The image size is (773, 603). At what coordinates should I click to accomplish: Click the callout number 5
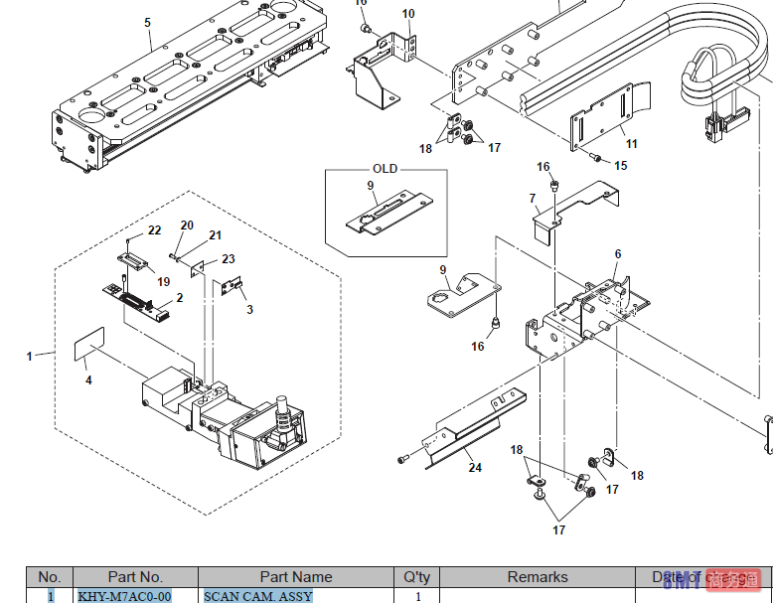147,21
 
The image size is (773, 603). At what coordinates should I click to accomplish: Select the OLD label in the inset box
385,169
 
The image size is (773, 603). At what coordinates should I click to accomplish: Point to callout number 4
87,379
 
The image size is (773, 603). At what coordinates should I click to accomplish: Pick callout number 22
154,230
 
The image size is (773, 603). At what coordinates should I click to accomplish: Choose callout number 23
229,258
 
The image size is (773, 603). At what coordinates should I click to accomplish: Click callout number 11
632,144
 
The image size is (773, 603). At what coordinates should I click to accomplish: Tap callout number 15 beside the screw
621,165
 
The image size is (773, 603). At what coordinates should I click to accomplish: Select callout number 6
617,254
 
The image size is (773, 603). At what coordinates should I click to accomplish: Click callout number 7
533,199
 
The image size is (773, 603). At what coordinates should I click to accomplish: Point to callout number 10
408,13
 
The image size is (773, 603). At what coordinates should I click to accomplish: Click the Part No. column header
135,577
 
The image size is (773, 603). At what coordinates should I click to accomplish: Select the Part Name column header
296,577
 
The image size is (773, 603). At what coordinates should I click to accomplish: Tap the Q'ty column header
416,577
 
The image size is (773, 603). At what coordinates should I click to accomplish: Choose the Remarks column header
538,577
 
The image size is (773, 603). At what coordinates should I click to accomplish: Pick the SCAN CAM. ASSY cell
258,596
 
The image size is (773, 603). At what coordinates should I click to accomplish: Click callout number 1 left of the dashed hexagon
29,356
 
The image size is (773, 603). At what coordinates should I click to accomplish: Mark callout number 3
249,309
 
